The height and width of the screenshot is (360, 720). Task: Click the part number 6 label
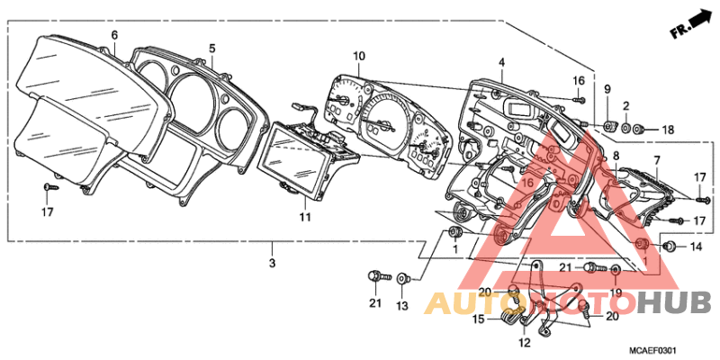tap(114, 35)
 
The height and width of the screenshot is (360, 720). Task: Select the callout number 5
tap(211, 49)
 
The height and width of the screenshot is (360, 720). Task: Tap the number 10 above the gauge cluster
tap(359, 57)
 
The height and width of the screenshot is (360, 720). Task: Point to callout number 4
tap(502, 63)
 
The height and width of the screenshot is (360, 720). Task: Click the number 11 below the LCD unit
tap(306, 217)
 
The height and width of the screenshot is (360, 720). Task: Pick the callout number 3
tap(272, 264)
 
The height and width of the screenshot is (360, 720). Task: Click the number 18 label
tap(668, 130)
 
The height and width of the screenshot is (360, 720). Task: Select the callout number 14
tap(696, 247)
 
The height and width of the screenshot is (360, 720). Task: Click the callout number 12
tap(525, 343)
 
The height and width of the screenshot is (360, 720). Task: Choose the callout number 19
tap(616, 292)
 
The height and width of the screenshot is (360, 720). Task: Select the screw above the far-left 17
tap(49, 187)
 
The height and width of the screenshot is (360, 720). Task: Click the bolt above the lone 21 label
tap(378, 276)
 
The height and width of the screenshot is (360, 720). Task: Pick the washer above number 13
tap(403, 277)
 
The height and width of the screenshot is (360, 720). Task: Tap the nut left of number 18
tap(638, 130)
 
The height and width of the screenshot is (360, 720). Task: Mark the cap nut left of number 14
tap(670, 247)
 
